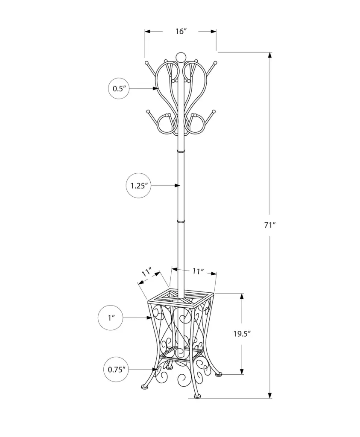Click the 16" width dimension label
pyautogui.click(x=181, y=31)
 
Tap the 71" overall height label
pyautogui.click(x=269, y=225)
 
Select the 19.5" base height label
pyautogui.click(x=242, y=334)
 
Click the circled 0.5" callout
pyautogui.click(x=119, y=88)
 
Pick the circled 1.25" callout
pyautogui.click(x=139, y=186)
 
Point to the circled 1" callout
pyautogui.click(x=111, y=318)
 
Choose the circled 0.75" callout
pyautogui.click(x=116, y=370)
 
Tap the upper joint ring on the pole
pyautogui.click(x=181, y=151)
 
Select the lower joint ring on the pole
pyautogui.click(x=181, y=221)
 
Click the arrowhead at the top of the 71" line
pyautogui.click(x=269, y=55)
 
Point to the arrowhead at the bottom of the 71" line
pyautogui.click(x=269, y=395)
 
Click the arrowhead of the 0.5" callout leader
pyautogui.click(x=155, y=88)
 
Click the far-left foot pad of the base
pyautogui.click(x=144, y=387)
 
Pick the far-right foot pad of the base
pyautogui.click(x=219, y=374)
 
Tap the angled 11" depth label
pyautogui.click(x=146, y=272)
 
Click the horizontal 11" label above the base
pyautogui.click(x=198, y=271)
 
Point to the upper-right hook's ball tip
pyautogui.click(x=215, y=63)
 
